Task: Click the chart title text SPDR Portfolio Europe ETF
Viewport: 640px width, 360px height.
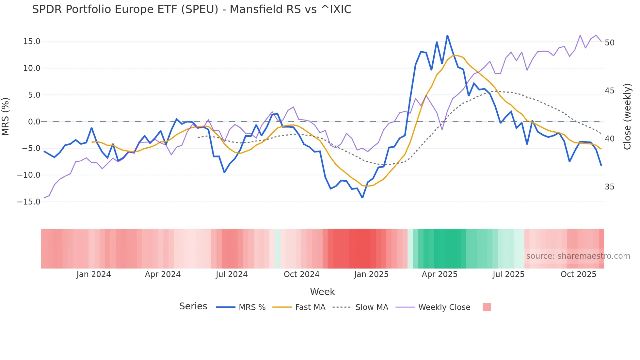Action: (x=191, y=9)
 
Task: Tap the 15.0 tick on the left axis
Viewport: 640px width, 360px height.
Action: (x=32, y=41)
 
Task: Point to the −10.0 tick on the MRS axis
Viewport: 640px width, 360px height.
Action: (x=29, y=175)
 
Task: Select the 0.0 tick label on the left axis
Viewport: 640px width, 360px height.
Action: (x=34, y=122)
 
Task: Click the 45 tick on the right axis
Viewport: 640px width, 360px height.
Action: (x=609, y=91)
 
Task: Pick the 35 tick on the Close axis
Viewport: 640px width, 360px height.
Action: (x=609, y=187)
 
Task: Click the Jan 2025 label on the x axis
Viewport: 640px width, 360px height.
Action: (x=371, y=274)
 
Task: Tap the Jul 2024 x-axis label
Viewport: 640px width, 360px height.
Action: (x=232, y=274)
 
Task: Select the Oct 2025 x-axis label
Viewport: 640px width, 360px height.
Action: (x=578, y=274)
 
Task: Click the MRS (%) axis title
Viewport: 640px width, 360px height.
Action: (x=6, y=117)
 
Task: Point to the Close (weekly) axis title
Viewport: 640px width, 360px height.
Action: (x=627, y=117)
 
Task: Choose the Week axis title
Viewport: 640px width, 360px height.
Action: (x=322, y=292)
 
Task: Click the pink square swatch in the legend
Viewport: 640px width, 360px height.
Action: (x=487, y=307)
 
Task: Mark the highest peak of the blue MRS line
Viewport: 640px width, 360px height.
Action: (x=447, y=36)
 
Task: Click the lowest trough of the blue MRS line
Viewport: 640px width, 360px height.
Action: (x=362, y=197)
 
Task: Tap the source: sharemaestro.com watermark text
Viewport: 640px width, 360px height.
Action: (x=578, y=256)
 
